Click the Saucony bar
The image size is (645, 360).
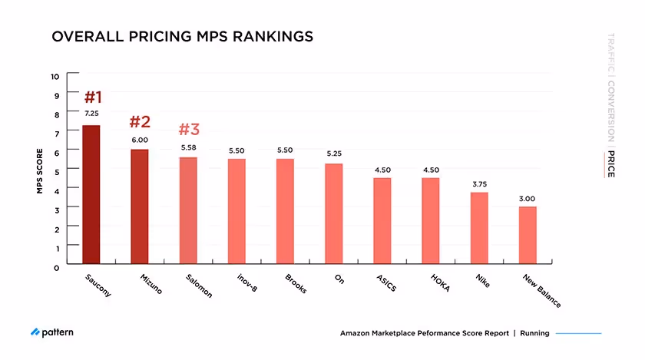click(91, 195)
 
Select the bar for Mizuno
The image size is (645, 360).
click(140, 206)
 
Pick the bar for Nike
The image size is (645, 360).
click(479, 228)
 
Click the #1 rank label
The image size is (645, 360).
click(93, 97)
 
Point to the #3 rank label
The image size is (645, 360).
click(189, 130)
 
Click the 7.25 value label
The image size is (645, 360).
click(91, 114)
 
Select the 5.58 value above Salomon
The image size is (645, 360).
click(188, 147)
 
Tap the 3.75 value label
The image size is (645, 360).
click(479, 184)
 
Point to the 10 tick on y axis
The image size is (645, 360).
click(55, 76)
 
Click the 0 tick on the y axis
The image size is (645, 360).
click(56, 267)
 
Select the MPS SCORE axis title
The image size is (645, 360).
click(39, 170)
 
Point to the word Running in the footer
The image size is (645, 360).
click(535, 333)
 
